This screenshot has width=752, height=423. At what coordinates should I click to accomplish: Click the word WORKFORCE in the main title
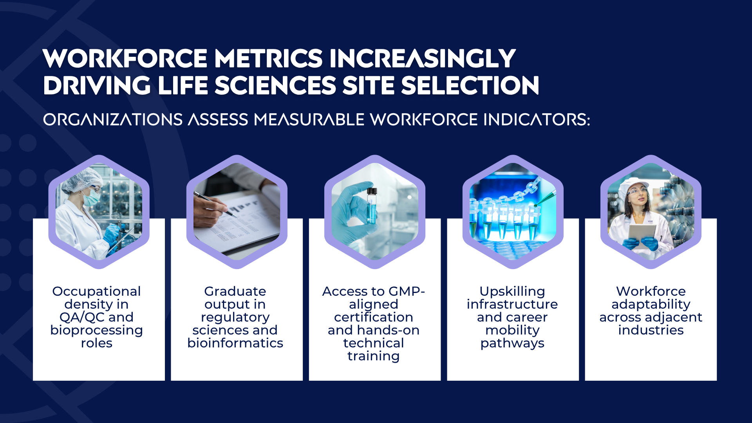(x=125, y=59)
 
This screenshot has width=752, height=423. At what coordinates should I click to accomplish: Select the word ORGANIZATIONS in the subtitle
(x=113, y=119)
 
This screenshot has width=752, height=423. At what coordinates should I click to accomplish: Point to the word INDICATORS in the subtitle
(x=537, y=119)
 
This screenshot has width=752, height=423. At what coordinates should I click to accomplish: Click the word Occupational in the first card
(x=96, y=291)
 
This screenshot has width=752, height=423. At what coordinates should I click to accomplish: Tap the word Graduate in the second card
(x=235, y=291)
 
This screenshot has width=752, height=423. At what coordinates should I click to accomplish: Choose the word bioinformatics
(x=235, y=343)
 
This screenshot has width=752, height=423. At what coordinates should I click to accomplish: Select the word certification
(x=374, y=317)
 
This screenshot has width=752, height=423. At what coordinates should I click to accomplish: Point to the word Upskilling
(x=512, y=291)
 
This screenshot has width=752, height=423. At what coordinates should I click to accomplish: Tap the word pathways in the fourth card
(x=512, y=343)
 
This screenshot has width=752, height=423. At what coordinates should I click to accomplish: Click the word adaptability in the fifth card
(x=651, y=304)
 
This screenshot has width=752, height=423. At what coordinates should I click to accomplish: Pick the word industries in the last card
(x=651, y=330)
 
